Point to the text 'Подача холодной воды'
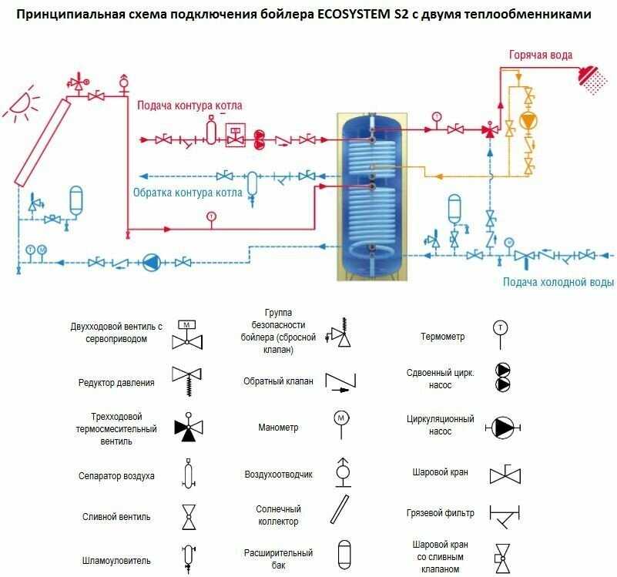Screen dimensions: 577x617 point(558,282)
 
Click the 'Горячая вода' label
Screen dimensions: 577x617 point(541,55)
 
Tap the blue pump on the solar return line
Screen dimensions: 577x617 point(151,262)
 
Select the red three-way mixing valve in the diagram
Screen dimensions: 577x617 point(489,129)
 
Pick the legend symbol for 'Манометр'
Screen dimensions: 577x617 point(342,421)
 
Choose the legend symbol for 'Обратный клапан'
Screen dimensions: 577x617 point(342,381)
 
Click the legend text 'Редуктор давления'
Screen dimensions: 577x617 point(116,382)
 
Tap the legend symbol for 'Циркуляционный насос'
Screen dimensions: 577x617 point(504,426)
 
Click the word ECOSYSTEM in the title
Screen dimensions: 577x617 point(360,14)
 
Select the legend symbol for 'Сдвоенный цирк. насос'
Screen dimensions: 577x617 point(502,377)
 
